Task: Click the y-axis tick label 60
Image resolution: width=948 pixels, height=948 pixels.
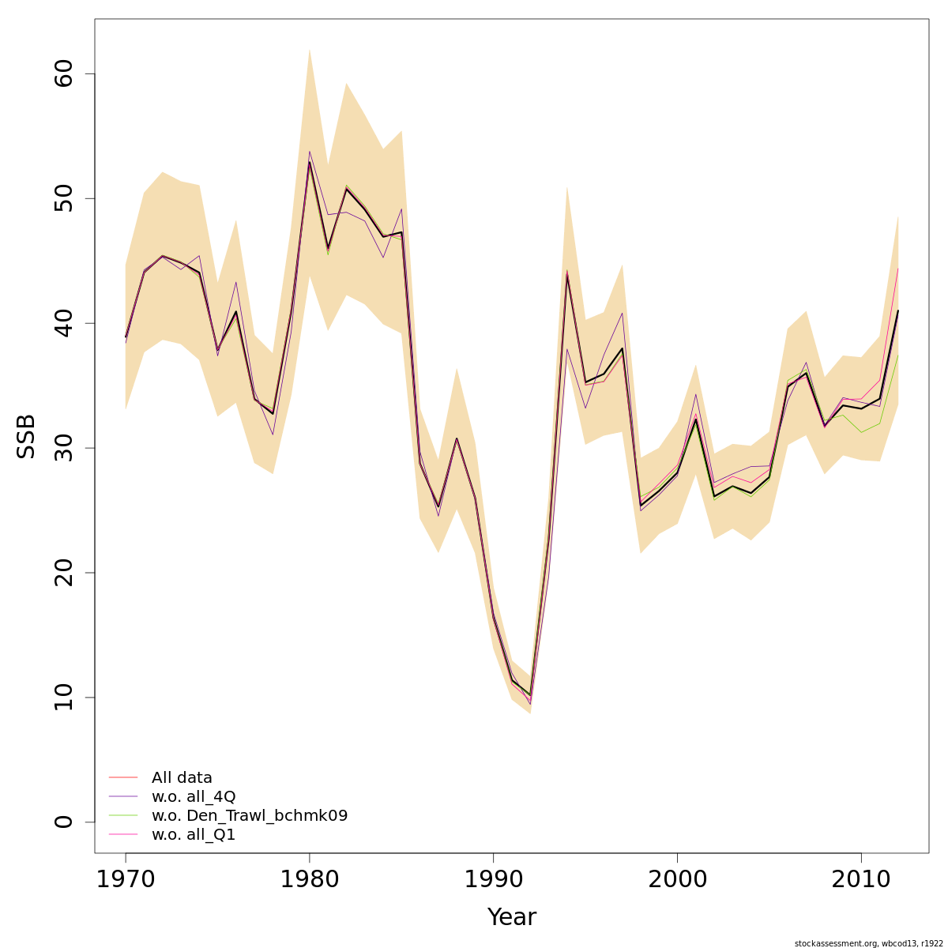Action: [x=64, y=74]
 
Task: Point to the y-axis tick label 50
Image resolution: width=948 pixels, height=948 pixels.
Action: [x=64, y=198]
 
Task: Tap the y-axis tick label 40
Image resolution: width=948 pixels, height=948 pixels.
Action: [x=64, y=323]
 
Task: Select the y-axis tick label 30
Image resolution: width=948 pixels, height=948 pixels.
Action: [x=64, y=448]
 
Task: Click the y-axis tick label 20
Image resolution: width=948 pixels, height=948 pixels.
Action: [x=64, y=573]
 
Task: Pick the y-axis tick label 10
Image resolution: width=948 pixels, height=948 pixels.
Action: [x=64, y=697]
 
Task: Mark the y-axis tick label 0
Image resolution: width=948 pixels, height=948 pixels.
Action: [x=64, y=822]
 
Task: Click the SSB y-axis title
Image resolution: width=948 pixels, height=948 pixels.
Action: [x=27, y=436]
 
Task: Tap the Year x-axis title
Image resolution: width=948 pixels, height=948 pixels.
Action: [x=511, y=917]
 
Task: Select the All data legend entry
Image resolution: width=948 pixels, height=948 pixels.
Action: [x=182, y=778]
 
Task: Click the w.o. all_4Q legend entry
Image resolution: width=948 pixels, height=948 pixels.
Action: [x=194, y=797]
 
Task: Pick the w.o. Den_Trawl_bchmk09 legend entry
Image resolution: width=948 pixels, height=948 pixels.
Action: [x=249, y=816]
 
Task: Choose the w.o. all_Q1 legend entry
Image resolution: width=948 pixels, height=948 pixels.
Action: [x=194, y=835]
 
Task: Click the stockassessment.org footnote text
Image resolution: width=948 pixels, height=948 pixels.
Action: [x=869, y=943]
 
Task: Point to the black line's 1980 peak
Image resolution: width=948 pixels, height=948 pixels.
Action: [x=310, y=162]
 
